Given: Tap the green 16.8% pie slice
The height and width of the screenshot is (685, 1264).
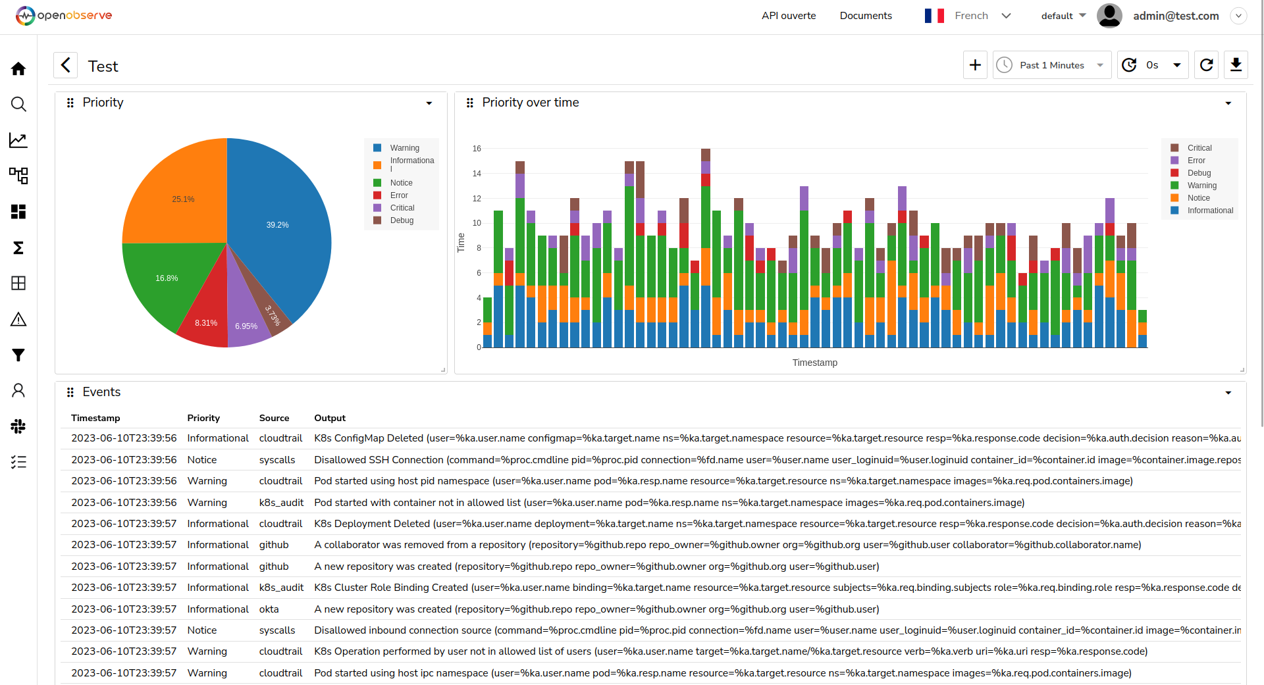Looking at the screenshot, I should [165, 280].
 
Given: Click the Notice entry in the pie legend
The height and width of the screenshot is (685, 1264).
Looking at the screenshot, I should [401, 183].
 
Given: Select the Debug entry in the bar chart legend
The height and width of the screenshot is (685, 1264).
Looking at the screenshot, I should [1199, 173].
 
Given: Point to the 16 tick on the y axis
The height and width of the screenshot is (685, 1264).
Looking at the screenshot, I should [477, 149].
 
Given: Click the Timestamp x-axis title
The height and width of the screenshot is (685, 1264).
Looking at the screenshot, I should [814, 363].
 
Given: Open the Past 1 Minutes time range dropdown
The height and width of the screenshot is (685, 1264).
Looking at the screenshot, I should [1051, 65].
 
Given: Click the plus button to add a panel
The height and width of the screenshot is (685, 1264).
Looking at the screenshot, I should [975, 65].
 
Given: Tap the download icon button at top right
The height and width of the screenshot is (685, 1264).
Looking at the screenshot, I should [1236, 65].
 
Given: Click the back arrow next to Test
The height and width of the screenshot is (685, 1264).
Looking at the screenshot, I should [65, 66].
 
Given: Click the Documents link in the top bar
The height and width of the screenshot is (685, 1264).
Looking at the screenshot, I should [866, 16].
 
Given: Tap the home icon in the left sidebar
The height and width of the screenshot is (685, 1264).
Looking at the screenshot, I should [18, 68].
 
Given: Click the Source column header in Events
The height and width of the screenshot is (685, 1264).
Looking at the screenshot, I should [274, 418].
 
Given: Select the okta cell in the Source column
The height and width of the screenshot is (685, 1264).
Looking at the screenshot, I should [269, 609].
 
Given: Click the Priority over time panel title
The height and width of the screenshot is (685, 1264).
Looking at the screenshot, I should [530, 103].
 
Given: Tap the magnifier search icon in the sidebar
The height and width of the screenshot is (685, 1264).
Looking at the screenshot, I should [18, 104].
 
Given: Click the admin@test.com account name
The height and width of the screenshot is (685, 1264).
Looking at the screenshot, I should [1176, 16].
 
